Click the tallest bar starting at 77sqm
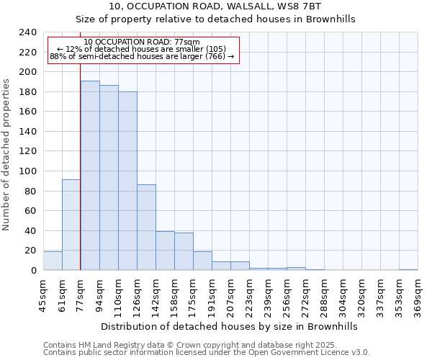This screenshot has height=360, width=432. click(x=90, y=176)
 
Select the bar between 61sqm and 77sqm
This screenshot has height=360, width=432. click(x=71, y=225)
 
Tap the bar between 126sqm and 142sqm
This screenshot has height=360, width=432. click(x=146, y=228)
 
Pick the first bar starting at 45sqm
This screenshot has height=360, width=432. click(x=53, y=261)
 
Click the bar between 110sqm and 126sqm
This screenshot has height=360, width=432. click(x=127, y=181)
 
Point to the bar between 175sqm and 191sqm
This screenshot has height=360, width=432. click(x=202, y=261)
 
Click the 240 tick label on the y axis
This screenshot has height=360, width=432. click(x=28, y=32)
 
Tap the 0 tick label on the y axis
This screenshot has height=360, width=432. click(x=34, y=271)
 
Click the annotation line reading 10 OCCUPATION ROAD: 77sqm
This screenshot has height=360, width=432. click(x=142, y=42)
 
